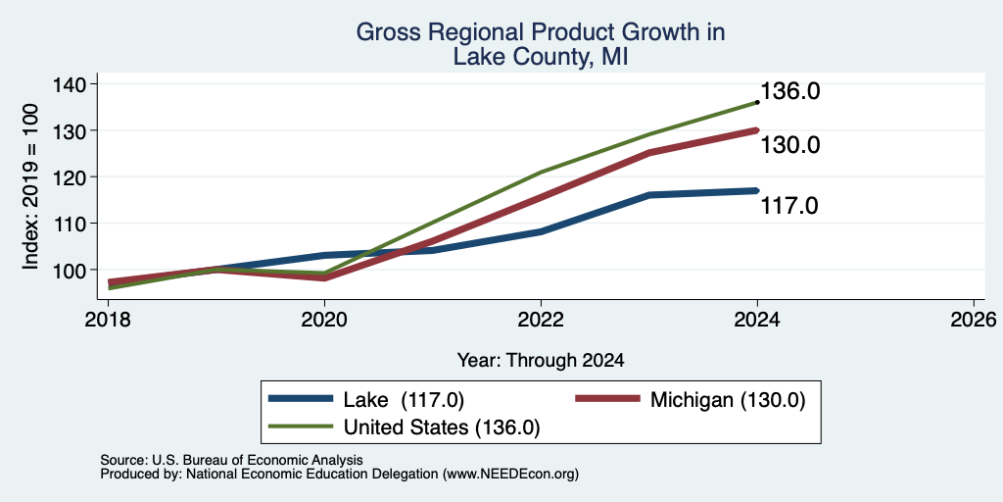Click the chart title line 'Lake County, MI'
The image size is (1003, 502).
point(540,56)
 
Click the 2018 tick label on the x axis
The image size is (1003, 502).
point(108,319)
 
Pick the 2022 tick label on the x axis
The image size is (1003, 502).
point(541,319)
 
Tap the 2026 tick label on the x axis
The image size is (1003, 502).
point(974,319)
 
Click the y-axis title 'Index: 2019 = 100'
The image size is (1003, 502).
point(30,186)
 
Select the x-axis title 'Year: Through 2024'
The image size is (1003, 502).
point(541,361)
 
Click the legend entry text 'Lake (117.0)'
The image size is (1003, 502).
point(404,400)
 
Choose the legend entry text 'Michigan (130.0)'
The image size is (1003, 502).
point(728,400)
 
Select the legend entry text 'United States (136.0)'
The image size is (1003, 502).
point(442,427)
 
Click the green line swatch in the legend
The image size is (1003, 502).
point(301,426)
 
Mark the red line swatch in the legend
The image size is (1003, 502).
point(607,399)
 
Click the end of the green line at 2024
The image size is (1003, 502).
point(757,102)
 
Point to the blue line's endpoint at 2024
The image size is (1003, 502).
point(757,190)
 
